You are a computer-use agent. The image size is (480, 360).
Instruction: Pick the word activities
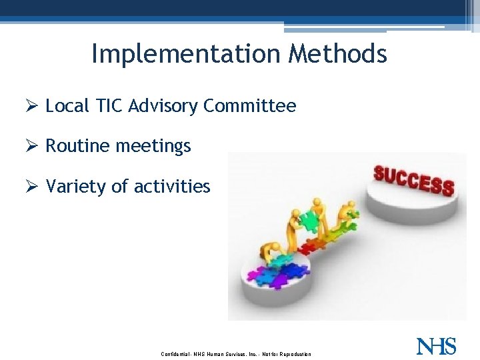[172, 186]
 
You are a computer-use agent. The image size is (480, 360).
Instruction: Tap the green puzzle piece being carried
[308, 221]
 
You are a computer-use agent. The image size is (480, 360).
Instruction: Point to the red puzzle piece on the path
[311, 247]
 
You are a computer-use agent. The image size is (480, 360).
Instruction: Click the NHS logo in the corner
[436, 346]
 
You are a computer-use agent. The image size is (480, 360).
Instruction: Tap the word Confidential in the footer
[176, 354]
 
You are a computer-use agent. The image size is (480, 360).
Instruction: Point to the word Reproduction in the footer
[294, 354]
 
